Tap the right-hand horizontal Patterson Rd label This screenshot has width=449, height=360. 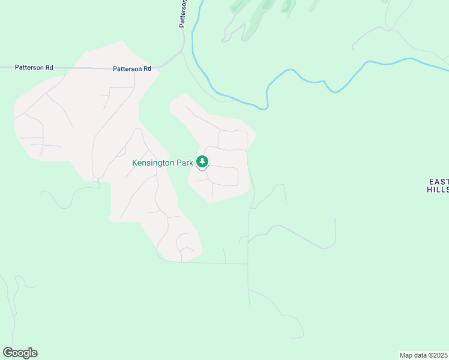point(131,69)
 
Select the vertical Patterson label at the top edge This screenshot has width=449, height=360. point(183,13)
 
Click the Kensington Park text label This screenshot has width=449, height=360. point(163,163)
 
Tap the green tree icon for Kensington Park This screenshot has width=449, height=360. point(203,161)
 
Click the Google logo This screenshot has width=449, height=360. point(20,353)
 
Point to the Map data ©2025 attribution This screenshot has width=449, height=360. point(424,355)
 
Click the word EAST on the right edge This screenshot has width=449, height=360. point(439,181)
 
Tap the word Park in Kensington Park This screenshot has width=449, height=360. point(185,163)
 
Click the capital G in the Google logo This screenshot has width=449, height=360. point(8,353)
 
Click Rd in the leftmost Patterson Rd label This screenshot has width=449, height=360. point(49,68)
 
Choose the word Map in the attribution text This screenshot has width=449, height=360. point(406,355)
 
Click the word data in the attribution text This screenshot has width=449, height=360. point(420,355)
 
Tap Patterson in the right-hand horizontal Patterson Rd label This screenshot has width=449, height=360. point(127,69)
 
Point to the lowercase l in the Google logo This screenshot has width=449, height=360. point(29,353)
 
